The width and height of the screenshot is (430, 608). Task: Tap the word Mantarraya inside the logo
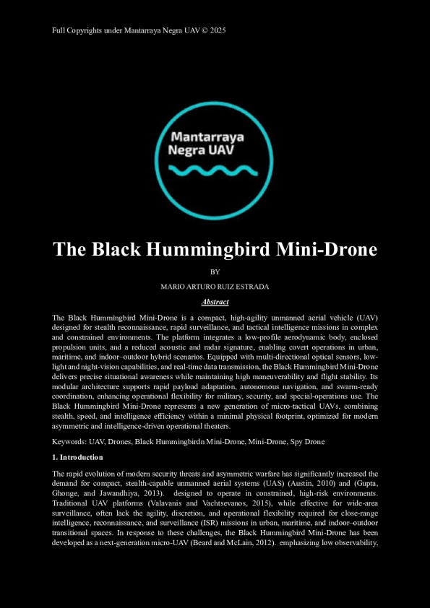(x=206, y=137)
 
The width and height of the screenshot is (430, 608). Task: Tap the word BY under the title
(x=215, y=272)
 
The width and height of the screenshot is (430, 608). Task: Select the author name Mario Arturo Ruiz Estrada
(x=215, y=287)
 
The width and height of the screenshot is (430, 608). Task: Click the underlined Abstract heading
(x=215, y=302)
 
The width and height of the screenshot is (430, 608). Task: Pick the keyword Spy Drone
(x=306, y=440)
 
